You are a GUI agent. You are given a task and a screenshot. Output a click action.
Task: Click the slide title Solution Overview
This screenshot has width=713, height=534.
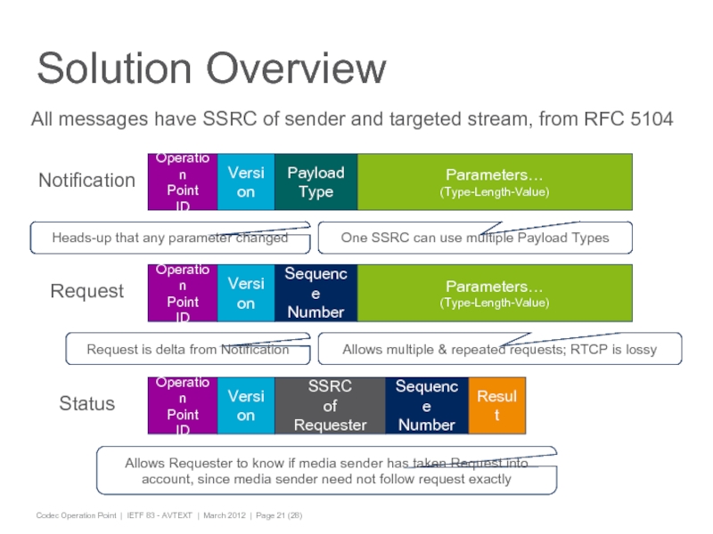pyautogui.click(x=212, y=69)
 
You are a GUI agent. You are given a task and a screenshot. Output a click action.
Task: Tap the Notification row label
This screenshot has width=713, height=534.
pyautogui.click(x=86, y=181)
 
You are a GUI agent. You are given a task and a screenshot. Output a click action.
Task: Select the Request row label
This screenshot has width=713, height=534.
pyautogui.click(x=86, y=291)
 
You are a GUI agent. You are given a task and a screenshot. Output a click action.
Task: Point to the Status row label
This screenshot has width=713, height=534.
pyautogui.click(x=86, y=404)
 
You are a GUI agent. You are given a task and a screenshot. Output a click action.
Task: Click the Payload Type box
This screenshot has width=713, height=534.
pyautogui.click(x=316, y=182)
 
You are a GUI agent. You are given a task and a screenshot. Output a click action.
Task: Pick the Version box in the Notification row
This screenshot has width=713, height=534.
pyautogui.click(x=246, y=182)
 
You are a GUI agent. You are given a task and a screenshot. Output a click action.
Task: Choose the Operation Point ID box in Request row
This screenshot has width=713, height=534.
pyautogui.click(x=183, y=293)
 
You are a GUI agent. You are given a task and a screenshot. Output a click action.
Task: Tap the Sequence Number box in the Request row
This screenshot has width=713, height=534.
pyautogui.click(x=316, y=293)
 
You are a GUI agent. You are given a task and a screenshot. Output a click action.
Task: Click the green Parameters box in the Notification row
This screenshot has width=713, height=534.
pyautogui.click(x=495, y=182)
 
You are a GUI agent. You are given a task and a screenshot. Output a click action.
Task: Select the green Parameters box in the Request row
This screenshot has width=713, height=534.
pyautogui.click(x=495, y=293)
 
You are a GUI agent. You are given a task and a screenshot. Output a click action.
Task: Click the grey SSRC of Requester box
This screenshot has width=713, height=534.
pyautogui.click(x=330, y=405)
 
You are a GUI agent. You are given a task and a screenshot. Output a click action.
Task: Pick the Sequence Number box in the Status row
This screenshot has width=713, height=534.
pyautogui.click(x=427, y=405)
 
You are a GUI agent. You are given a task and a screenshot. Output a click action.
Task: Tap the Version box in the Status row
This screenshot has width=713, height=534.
pyautogui.click(x=246, y=405)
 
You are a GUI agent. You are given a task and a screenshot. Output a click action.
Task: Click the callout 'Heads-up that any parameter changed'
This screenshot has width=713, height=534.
pyautogui.click(x=169, y=238)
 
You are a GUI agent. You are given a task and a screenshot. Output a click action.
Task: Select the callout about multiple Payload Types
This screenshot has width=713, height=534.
pyautogui.click(x=475, y=238)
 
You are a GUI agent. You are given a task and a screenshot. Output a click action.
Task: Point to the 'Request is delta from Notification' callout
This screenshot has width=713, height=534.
pyautogui.click(x=187, y=349)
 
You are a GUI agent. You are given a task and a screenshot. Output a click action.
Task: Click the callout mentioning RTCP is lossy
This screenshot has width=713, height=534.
pyautogui.click(x=499, y=349)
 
